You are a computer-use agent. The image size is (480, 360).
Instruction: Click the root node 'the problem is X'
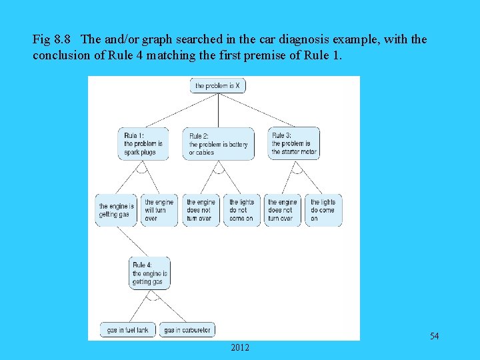(x=217, y=86)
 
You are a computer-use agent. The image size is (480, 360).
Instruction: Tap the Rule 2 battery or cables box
(x=218, y=144)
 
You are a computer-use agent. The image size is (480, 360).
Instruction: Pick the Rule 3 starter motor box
(x=294, y=143)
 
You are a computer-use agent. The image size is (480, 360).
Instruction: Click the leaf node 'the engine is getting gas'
(x=117, y=210)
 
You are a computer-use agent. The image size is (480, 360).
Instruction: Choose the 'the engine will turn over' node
(x=159, y=210)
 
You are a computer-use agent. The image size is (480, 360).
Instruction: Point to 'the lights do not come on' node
(x=241, y=210)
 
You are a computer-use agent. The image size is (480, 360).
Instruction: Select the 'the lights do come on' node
(x=323, y=210)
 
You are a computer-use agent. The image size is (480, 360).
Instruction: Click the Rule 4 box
(x=149, y=273)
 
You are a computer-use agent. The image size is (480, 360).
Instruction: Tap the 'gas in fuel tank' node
(x=128, y=330)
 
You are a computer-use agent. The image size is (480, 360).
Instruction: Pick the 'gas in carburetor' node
(x=187, y=330)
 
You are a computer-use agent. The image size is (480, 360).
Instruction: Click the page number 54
(x=434, y=336)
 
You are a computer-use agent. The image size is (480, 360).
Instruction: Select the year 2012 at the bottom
(x=240, y=347)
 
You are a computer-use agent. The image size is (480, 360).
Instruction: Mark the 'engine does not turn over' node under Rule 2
(x=201, y=210)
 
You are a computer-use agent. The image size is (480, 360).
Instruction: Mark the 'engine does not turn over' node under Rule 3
(x=282, y=210)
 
